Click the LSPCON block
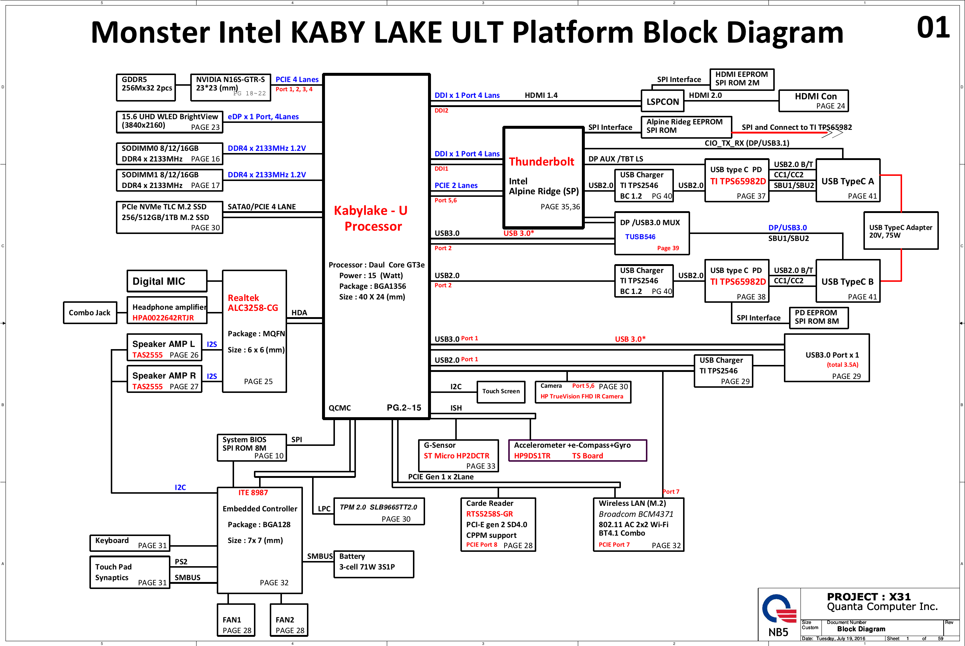click(662, 101)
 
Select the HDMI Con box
click(813, 101)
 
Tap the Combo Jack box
click(90, 313)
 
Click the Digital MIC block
click(166, 281)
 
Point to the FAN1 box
click(236, 620)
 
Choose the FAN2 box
click(289, 620)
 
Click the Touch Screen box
click(501, 391)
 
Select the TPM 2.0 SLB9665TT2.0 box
click(379, 511)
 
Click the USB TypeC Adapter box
click(901, 231)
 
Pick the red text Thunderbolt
click(541, 161)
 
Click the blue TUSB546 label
click(640, 237)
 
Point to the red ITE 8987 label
click(253, 493)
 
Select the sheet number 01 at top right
click(933, 28)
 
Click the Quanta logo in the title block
click(778, 609)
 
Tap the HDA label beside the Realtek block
click(299, 313)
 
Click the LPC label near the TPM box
click(324, 509)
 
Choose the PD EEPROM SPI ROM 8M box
click(818, 317)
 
